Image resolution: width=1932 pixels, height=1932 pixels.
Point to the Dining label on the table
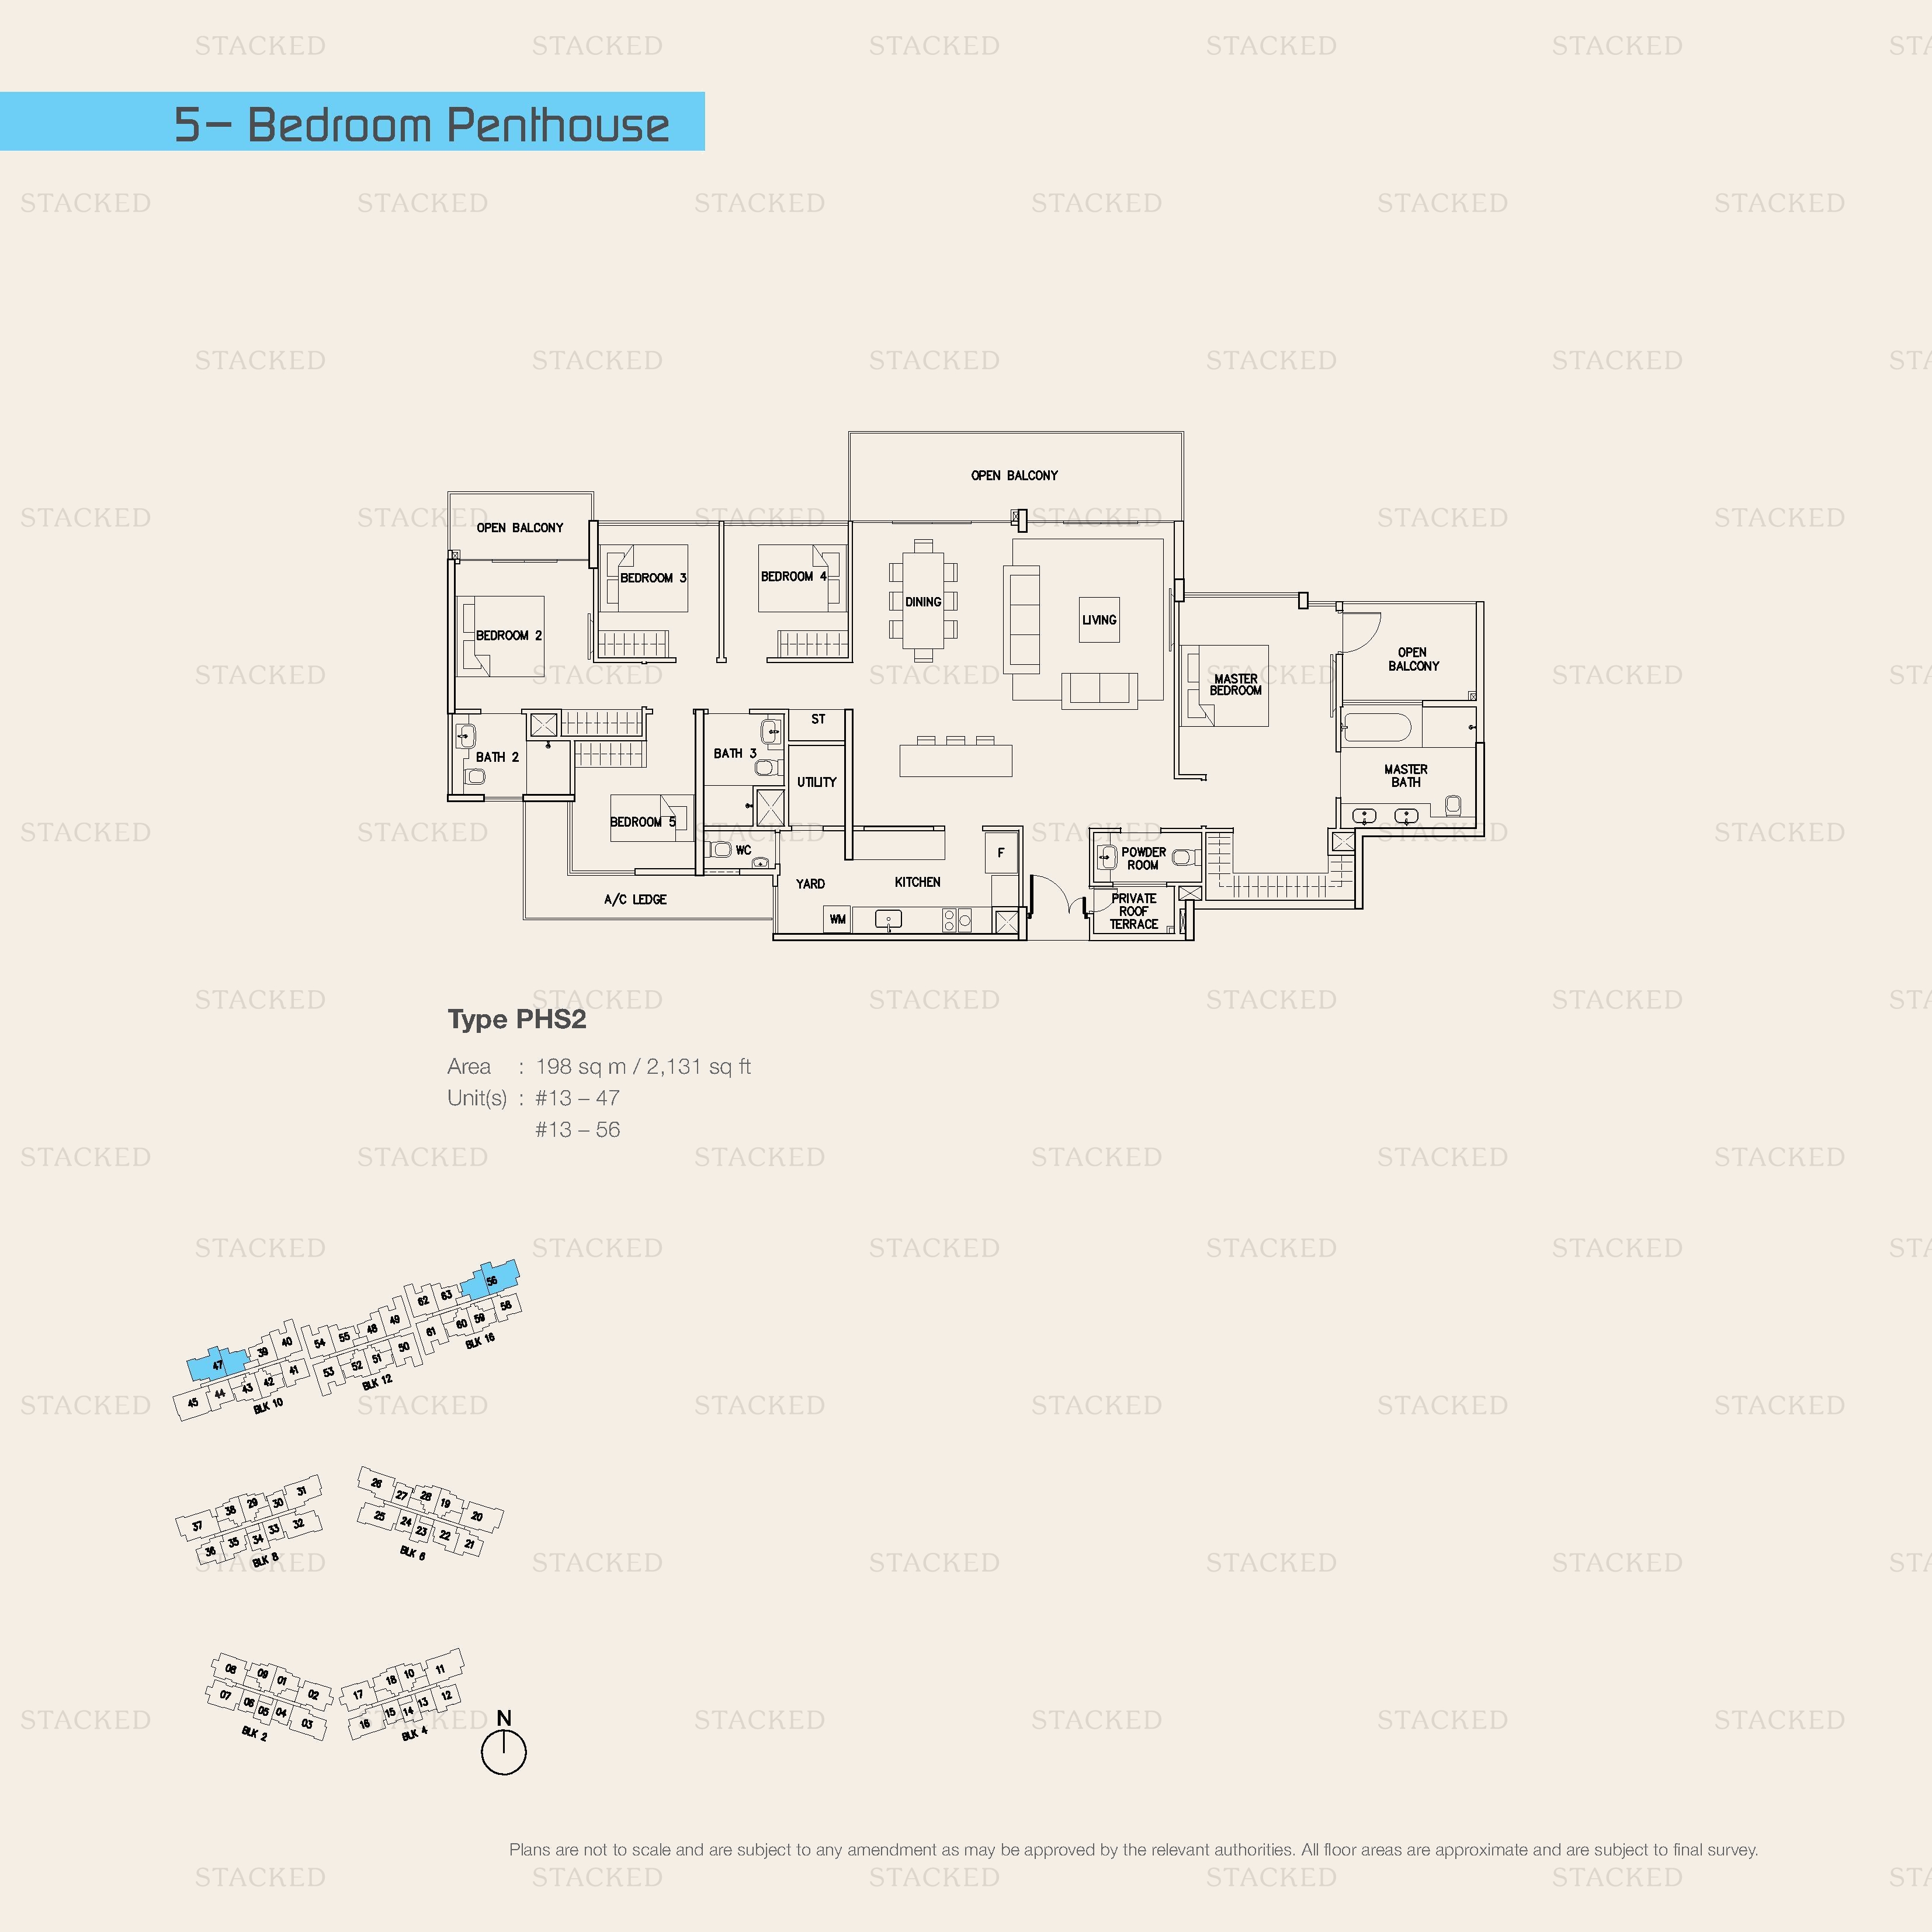coord(923,602)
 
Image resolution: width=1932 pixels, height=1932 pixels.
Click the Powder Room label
coord(1143,859)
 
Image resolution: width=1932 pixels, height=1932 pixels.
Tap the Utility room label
coord(816,783)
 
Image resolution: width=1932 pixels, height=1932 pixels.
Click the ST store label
coord(818,720)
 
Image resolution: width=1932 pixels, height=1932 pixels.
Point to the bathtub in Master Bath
coord(1377,727)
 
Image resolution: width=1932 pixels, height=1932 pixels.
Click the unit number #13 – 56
coord(577,1130)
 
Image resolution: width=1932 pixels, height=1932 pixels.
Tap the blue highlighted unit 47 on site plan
coord(217,1365)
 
